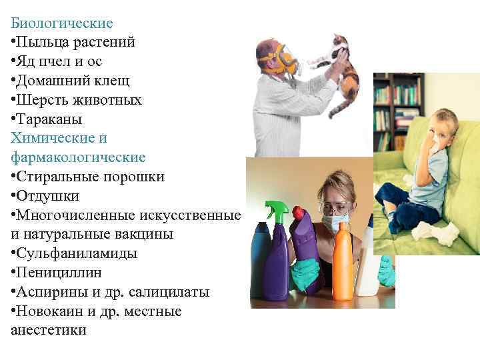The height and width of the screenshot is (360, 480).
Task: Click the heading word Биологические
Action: [61, 23]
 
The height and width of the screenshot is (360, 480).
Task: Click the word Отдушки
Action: [48, 196]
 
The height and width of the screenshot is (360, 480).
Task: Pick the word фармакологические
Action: [78, 158]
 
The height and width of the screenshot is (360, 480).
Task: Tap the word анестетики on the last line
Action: [49, 330]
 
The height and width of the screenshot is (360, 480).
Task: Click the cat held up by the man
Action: [337, 67]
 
